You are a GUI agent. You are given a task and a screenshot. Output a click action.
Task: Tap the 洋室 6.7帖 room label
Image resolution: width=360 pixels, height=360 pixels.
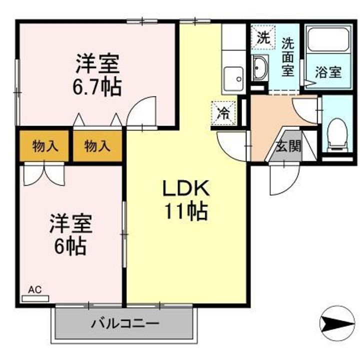(x=97, y=75)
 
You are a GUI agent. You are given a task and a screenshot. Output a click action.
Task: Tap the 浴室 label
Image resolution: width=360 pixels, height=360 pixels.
(x=328, y=72)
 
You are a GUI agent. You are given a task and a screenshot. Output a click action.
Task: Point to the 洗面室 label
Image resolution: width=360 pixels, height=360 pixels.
(x=287, y=57)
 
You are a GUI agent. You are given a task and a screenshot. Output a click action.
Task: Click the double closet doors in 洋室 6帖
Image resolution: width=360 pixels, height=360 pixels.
(x=44, y=174)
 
